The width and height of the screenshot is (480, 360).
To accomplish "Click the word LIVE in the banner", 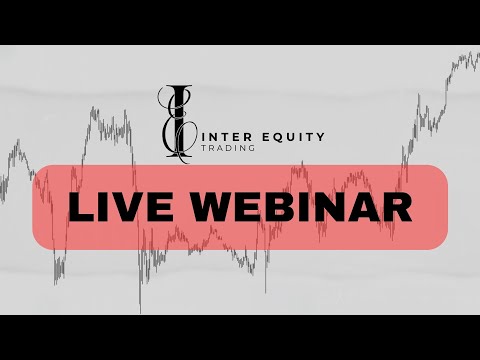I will tap(116, 209).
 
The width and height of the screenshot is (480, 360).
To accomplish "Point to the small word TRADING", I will tap(227, 148).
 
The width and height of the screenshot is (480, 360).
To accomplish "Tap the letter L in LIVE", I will tap(78, 209).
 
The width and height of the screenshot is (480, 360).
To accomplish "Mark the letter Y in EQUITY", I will tap(319, 137).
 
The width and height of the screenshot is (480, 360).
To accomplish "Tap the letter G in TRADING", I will tap(251, 148).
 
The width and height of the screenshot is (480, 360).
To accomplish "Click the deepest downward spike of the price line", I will tap(140, 310).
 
